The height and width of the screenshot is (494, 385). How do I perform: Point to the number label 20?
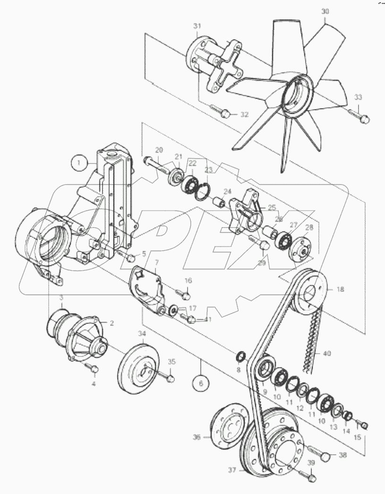coord(159,150)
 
